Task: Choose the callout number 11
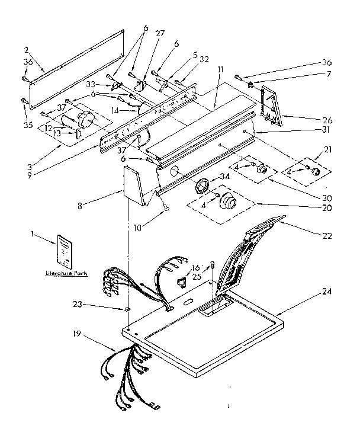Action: pos(220,70)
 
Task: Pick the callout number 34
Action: pos(224,175)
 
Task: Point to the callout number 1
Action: pos(31,234)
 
